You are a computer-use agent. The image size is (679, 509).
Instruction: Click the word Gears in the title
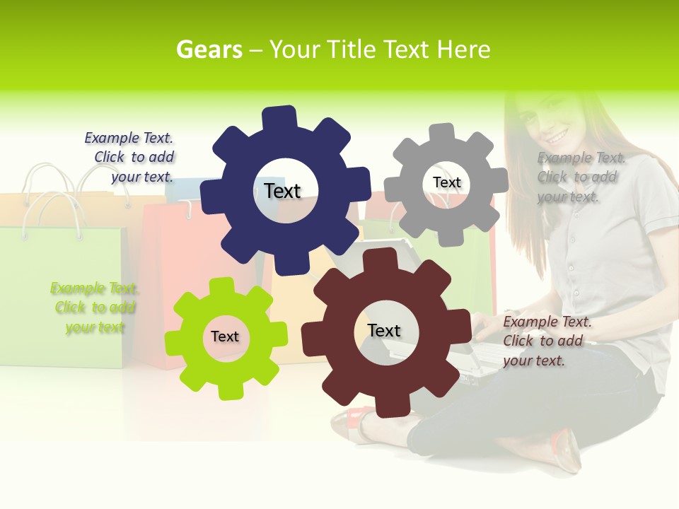pos(209,49)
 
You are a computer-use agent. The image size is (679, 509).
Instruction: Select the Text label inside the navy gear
pos(283,191)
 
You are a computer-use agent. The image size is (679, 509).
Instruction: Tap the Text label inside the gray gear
pos(446,182)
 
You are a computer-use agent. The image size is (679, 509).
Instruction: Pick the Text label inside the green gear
pos(225,337)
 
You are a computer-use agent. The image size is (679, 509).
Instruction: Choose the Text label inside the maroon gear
pos(384,330)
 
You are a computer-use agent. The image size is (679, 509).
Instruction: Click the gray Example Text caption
pos(580,177)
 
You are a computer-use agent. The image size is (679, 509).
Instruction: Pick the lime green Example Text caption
pos(94,308)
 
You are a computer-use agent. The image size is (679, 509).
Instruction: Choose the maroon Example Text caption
pos(546,341)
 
